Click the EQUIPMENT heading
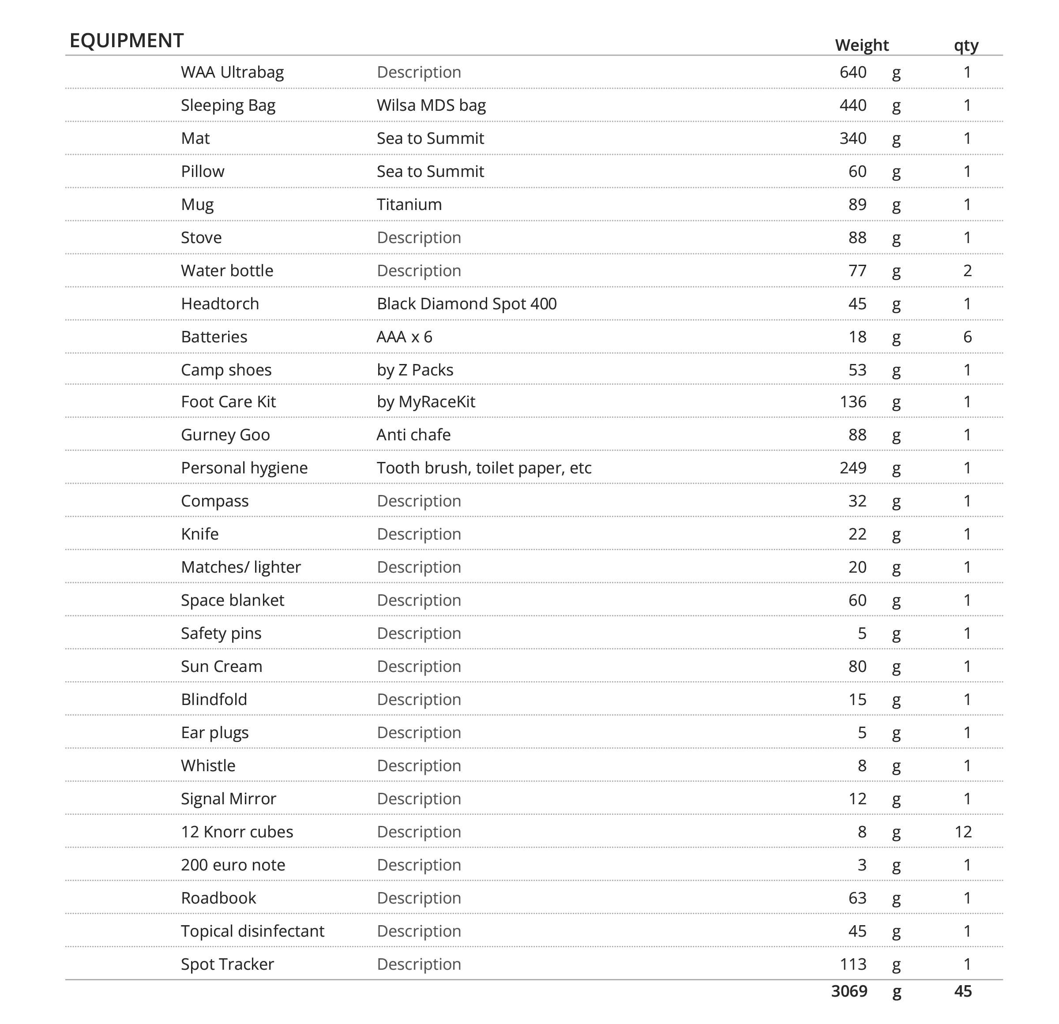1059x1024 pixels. (127, 41)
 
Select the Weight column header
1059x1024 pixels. (861, 45)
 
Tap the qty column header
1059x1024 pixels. (965, 45)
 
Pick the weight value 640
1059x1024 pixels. (852, 72)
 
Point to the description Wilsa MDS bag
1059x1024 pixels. (431, 105)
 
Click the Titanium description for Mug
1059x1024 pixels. (409, 204)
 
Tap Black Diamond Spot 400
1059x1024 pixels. (466, 304)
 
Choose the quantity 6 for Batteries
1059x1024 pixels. (967, 337)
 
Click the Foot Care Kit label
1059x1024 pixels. (228, 401)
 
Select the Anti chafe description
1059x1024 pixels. (413, 435)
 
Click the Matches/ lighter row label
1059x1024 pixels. (240, 567)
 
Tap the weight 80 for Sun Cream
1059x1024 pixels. (857, 666)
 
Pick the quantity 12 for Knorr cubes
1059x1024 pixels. (963, 832)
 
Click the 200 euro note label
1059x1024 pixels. (233, 865)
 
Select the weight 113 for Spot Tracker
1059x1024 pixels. (852, 964)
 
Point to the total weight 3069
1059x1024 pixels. (849, 991)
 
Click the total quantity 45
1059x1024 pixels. (963, 991)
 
